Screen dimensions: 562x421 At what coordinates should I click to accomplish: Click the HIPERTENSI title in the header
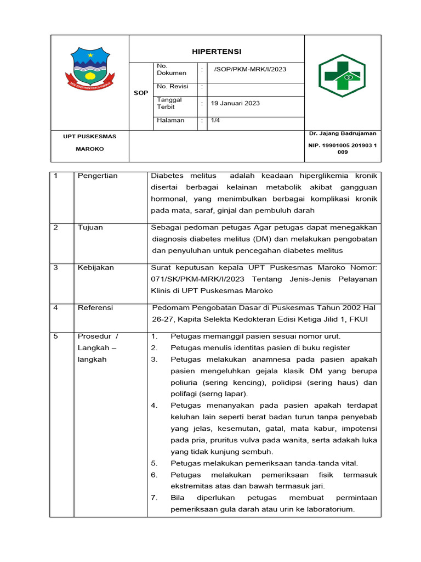pyautogui.click(x=216, y=52)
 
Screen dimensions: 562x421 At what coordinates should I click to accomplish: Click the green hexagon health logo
pyautogui.click(x=342, y=76)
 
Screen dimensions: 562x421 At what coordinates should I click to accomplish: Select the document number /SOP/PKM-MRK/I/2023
pyautogui.click(x=250, y=69)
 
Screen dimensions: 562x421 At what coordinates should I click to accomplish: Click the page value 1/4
pyautogui.click(x=215, y=120)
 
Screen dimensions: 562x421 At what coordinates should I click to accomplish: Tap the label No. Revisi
pyautogui.click(x=172, y=87)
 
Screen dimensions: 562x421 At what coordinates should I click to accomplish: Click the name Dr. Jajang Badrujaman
pyautogui.click(x=342, y=133)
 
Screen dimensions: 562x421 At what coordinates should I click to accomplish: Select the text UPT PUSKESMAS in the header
pyautogui.click(x=89, y=136)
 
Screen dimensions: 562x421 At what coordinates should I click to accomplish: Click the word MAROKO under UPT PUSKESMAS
pyautogui.click(x=89, y=149)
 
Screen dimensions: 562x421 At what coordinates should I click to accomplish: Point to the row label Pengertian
pyautogui.click(x=98, y=176)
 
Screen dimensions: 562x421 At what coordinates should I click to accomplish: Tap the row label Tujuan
pyautogui.click(x=90, y=227)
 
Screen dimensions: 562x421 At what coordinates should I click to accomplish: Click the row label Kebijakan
pyautogui.click(x=95, y=267)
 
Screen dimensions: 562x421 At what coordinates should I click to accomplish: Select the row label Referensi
pyautogui.click(x=95, y=308)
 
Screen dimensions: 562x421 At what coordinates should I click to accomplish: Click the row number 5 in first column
pyautogui.click(x=55, y=336)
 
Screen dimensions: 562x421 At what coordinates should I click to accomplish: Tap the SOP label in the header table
pyautogui.click(x=141, y=93)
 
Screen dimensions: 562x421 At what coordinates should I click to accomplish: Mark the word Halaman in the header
pyautogui.click(x=170, y=120)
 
